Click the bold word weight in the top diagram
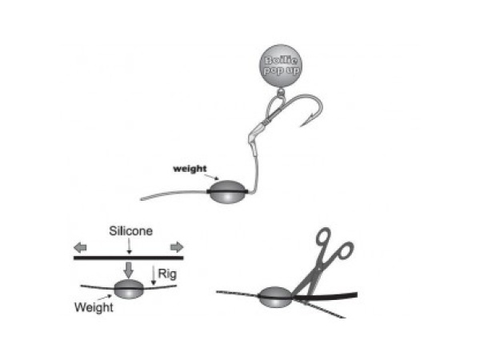pos(190,169)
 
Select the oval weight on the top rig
pos(226,193)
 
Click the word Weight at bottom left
pos(92,306)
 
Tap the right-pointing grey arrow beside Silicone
pos(176,246)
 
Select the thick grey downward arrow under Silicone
pos(129,268)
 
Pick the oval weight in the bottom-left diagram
pos(129,290)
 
